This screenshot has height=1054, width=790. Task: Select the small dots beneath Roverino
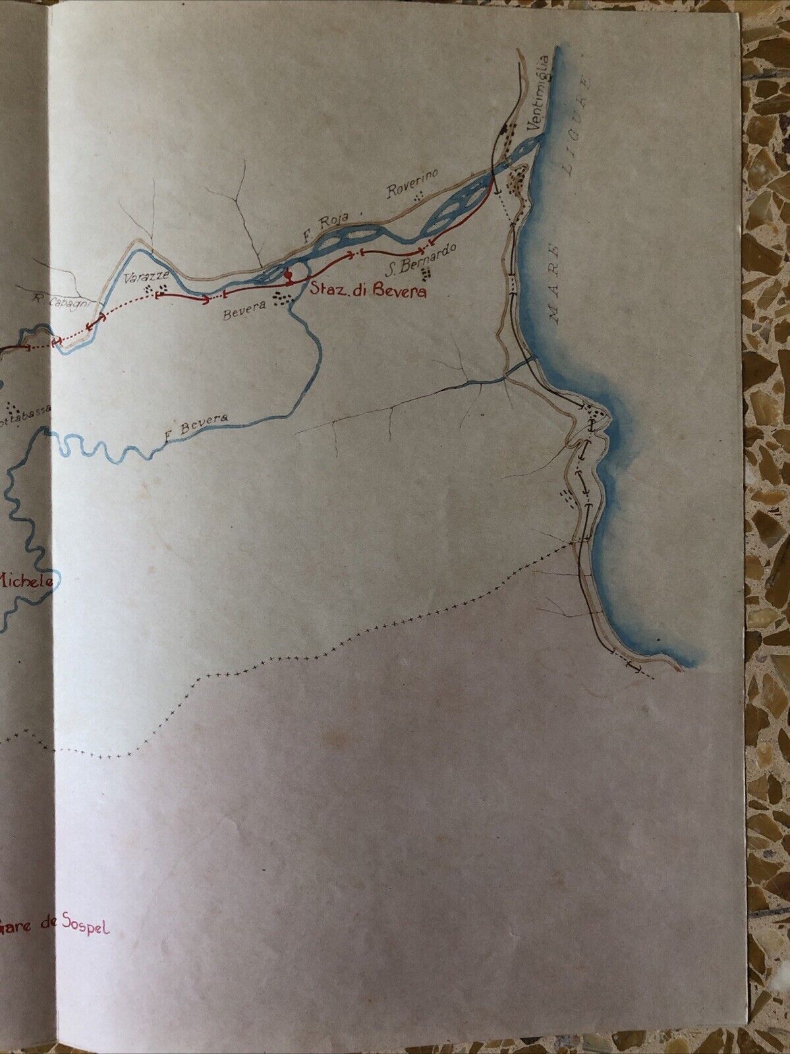tap(417, 196)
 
